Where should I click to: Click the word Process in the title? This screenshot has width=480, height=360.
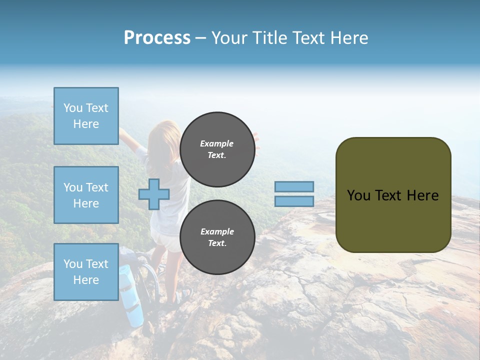pyautogui.click(x=157, y=38)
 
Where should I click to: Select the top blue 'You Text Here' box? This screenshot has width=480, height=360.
pyautogui.click(x=86, y=116)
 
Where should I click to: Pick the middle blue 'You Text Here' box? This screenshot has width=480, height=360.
pyautogui.click(x=86, y=195)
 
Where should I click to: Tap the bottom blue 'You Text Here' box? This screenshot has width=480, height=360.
pyautogui.click(x=86, y=272)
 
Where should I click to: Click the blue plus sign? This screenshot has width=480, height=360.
pyautogui.click(x=153, y=194)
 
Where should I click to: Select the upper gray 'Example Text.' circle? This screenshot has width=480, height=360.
pyautogui.click(x=217, y=149)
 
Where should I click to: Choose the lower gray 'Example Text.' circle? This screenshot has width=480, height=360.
pyautogui.click(x=217, y=237)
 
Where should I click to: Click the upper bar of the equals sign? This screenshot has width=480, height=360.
pyautogui.click(x=294, y=186)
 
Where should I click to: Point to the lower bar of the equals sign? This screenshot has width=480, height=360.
pyautogui.click(x=294, y=201)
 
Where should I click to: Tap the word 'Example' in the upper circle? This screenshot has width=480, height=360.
pyautogui.click(x=217, y=143)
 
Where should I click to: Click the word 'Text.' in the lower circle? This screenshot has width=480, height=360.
pyautogui.click(x=217, y=243)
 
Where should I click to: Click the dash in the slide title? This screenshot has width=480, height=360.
pyautogui.click(x=200, y=38)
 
